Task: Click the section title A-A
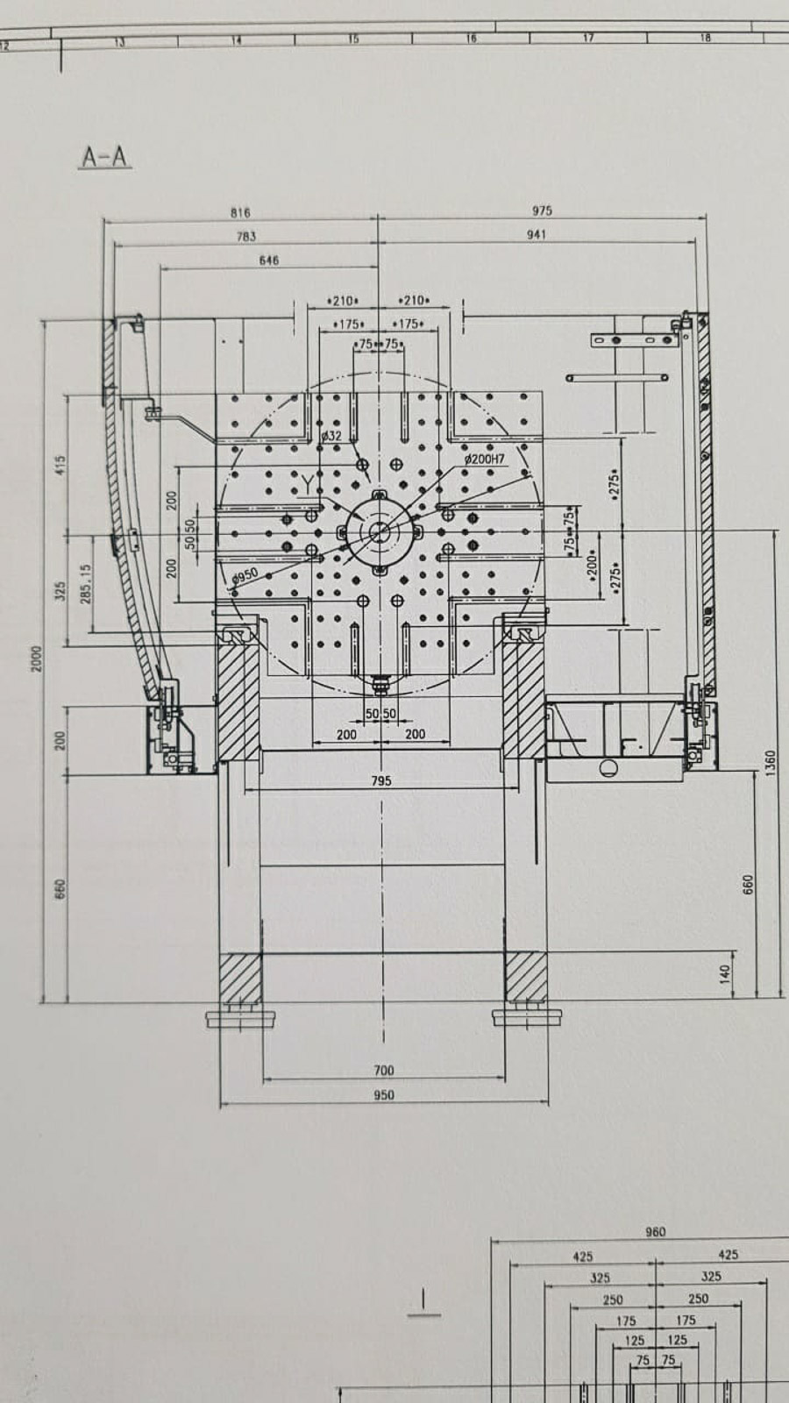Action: tap(105, 158)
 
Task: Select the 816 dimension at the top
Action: tap(240, 213)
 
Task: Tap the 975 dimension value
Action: tap(542, 211)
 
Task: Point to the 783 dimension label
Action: tap(246, 237)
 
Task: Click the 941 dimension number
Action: tap(537, 235)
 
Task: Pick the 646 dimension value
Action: tap(269, 260)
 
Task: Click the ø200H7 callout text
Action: tap(485, 459)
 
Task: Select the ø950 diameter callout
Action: tap(245, 575)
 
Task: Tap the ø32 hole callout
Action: tap(331, 436)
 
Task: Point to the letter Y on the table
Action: tap(307, 482)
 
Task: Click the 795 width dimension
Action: tap(381, 780)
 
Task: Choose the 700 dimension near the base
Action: tap(384, 1071)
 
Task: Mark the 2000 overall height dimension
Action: tap(37, 659)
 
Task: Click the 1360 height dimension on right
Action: tap(771, 763)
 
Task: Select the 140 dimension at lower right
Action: tap(724, 972)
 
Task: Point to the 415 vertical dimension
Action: tap(60, 465)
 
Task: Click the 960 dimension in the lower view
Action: tap(655, 1232)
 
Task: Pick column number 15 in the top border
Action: tap(353, 39)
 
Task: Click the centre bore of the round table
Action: tap(380, 531)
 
